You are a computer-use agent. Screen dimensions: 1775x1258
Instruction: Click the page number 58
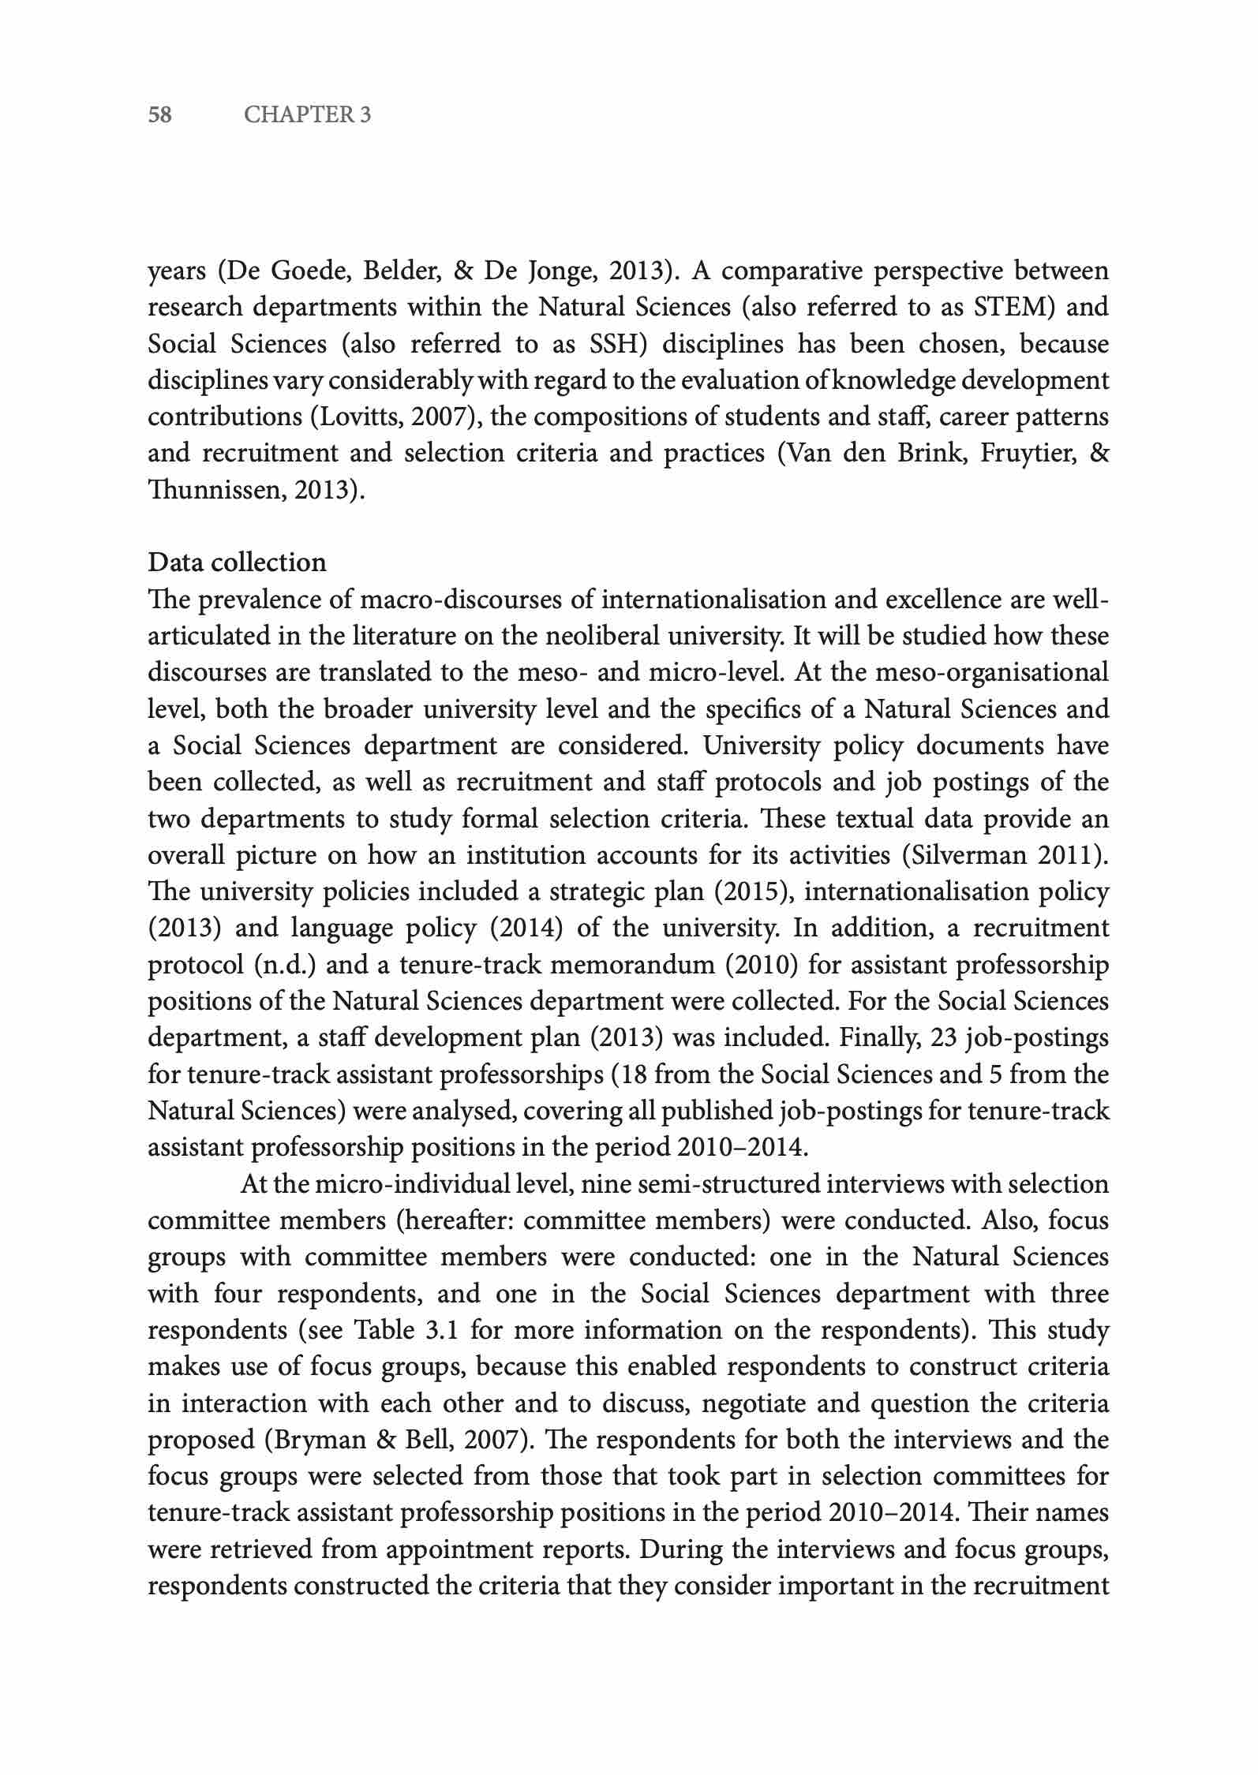click(x=160, y=115)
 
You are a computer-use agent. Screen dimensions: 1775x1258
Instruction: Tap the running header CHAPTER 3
click(x=307, y=115)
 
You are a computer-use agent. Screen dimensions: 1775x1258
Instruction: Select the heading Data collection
click(x=237, y=562)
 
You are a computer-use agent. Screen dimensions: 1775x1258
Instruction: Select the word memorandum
click(x=629, y=965)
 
